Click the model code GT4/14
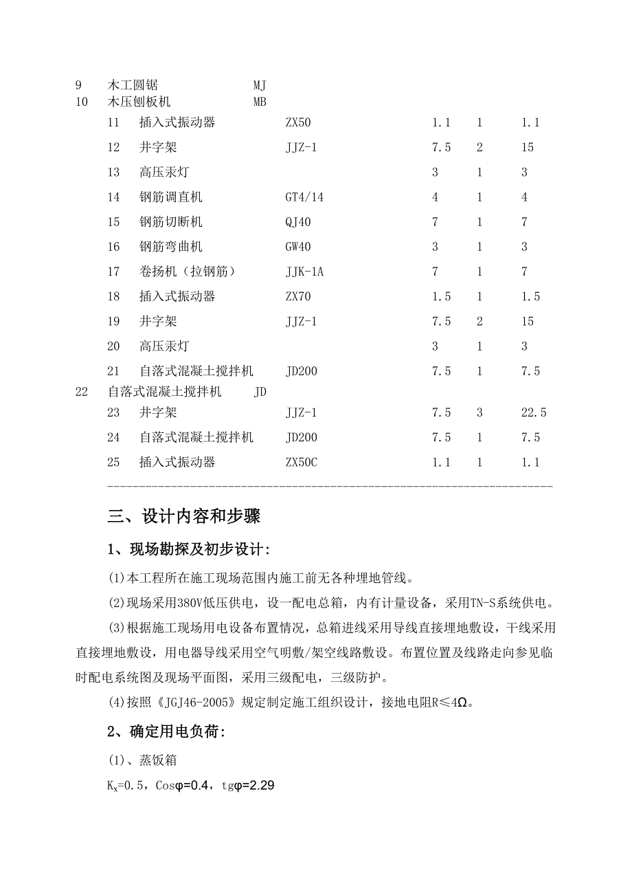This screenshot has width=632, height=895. tap(304, 197)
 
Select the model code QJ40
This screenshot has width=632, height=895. tap(298, 222)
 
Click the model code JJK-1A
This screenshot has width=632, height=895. tap(304, 272)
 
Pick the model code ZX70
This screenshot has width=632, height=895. tap(298, 296)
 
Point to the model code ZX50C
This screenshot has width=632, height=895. tap(301, 462)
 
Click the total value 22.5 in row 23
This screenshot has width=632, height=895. tap(534, 412)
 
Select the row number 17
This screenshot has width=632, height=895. tap(113, 272)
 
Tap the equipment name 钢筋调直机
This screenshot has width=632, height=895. tap(170, 197)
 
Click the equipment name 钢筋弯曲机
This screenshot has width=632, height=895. tap(170, 247)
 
